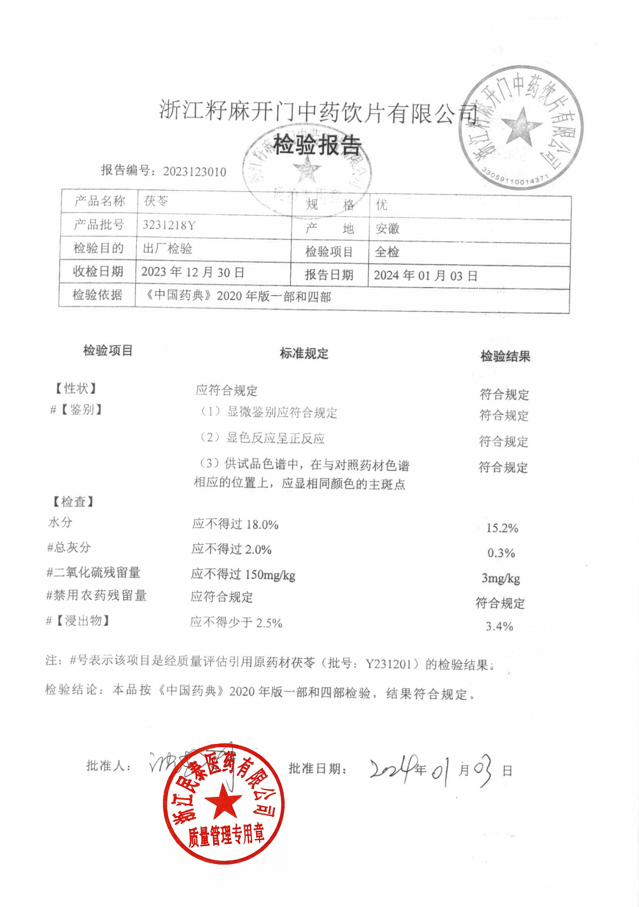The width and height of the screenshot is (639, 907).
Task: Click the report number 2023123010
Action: coord(194,172)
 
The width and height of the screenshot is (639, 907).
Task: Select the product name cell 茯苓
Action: coord(156,201)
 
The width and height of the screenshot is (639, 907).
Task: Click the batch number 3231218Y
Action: coord(169,225)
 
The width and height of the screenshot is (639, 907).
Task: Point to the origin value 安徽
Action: coord(387,228)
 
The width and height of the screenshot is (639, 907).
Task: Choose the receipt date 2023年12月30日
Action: coord(192,272)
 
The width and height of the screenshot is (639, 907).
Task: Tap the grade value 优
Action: coord(381,204)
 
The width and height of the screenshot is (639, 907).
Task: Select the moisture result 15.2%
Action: coord(502,528)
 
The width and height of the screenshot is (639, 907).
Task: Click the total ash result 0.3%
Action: coord(501,553)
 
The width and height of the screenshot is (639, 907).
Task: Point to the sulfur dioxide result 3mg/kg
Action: coord(501,578)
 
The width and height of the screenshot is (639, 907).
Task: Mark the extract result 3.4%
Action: coord(500,627)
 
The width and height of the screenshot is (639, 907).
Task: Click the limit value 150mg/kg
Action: coord(270,575)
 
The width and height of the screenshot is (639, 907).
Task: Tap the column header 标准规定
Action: coord(304,353)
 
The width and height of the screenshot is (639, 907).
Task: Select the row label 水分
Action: coord(60,522)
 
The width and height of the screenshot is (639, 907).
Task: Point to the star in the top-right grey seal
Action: coord(521,126)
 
